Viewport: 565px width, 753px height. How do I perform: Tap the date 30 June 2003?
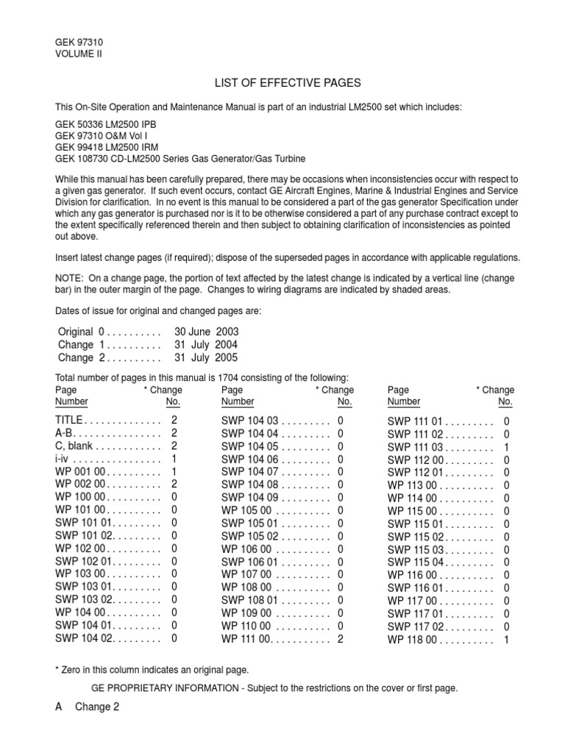(207, 332)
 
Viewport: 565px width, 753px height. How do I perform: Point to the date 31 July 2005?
(207, 357)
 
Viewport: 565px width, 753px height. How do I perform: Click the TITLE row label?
(70, 421)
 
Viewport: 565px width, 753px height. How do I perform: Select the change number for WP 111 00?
(341, 639)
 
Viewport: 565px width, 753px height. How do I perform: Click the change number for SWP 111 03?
(506, 447)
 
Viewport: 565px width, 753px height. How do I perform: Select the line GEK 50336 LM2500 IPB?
(106, 124)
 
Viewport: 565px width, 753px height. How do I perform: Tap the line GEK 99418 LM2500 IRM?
(107, 147)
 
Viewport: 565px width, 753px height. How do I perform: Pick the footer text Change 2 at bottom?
(96, 707)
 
